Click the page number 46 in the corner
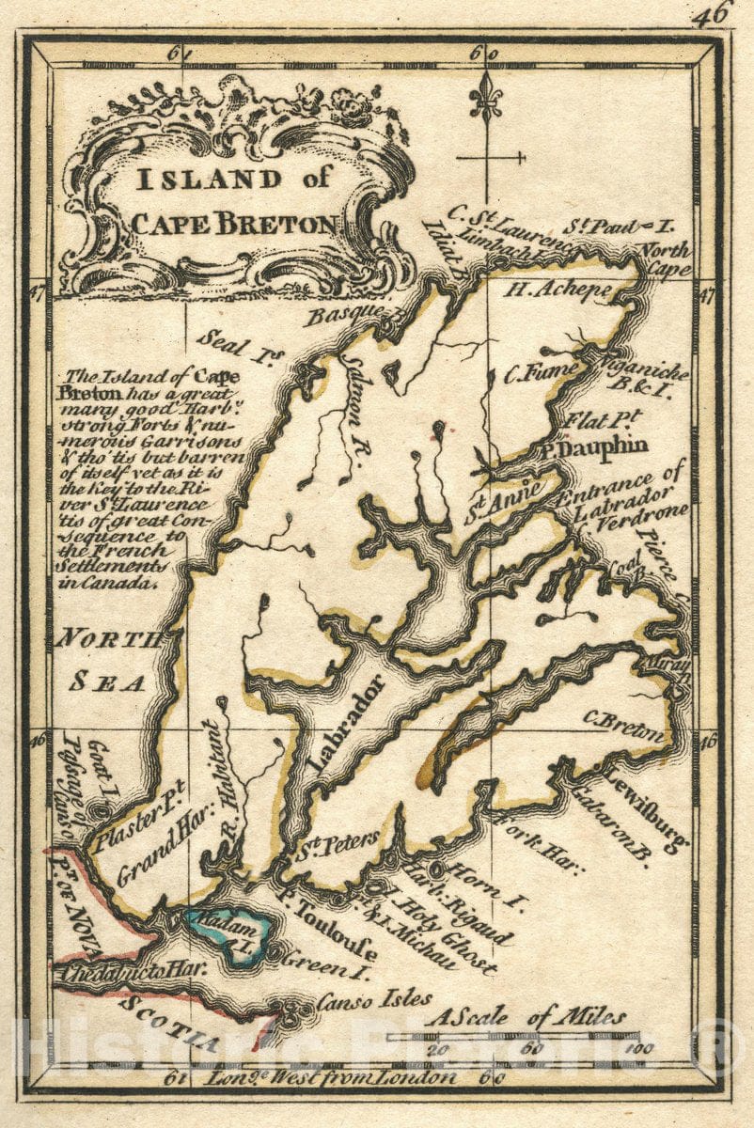click(x=712, y=14)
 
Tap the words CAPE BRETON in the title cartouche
click(x=234, y=224)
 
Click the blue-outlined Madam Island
click(x=230, y=931)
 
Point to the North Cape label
click(x=667, y=259)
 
